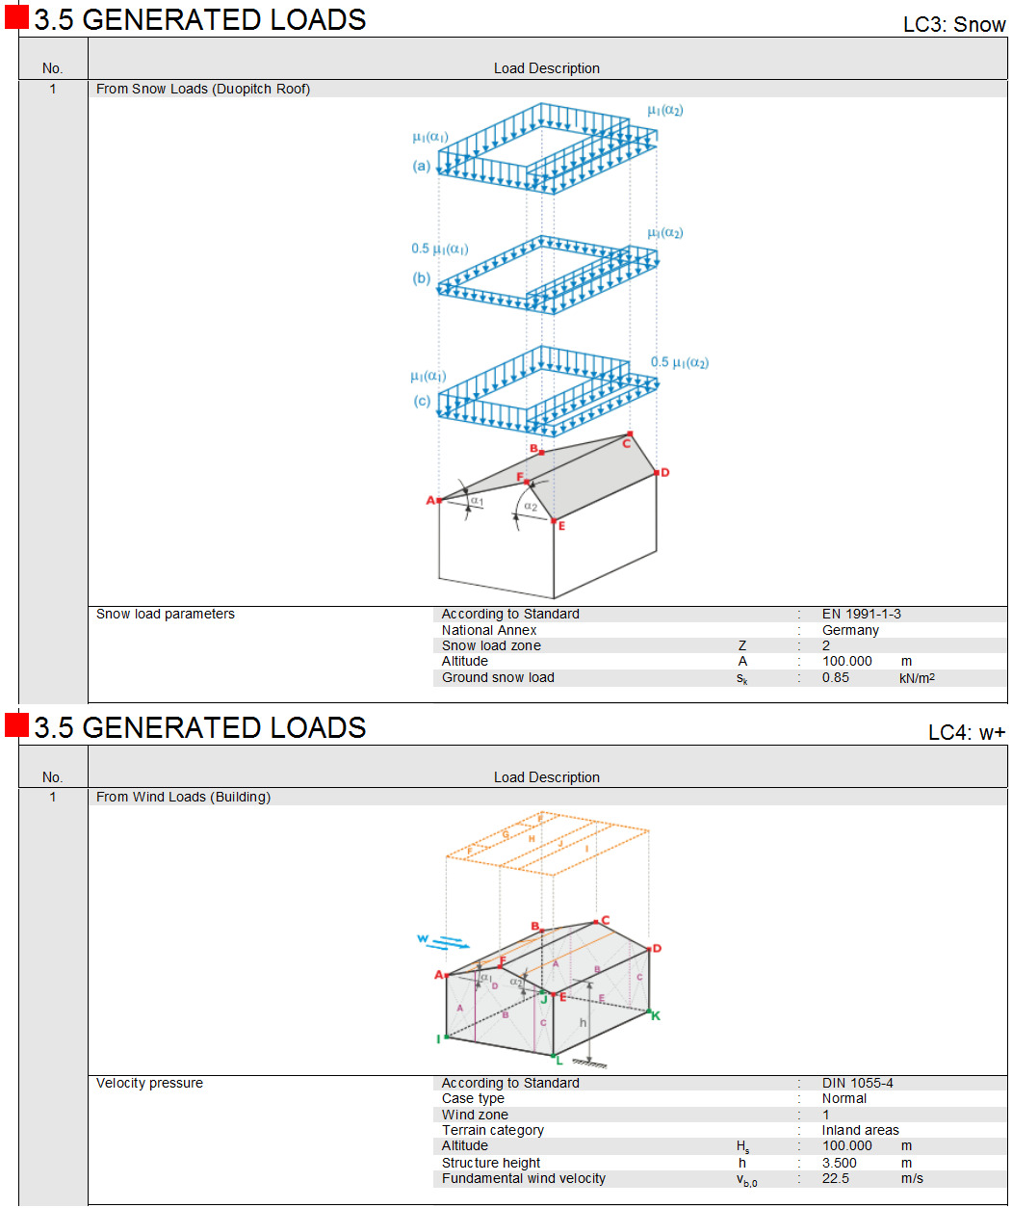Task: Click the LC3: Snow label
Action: coord(953,25)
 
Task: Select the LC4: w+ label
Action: coord(966,733)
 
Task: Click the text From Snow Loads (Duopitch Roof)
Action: coord(203,89)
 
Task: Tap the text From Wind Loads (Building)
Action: coord(183,797)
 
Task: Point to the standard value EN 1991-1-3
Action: coord(861,614)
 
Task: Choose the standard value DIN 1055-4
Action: coord(857,1083)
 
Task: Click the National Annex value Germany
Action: coord(850,630)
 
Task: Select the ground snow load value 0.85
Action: coord(835,677)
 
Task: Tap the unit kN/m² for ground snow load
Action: coord(917,678)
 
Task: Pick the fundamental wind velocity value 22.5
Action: coord(835,1178)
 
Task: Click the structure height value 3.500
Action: coord(839,1163)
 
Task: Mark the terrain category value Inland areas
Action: coord(860,1130)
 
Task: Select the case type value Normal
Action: coord(843,1098)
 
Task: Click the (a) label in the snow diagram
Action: coord(422,166)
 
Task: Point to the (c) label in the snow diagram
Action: coord(422,401)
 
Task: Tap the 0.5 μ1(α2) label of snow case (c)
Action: coord(679,363)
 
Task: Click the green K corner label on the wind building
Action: coord(656,1015)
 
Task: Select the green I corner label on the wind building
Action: coord(438,1038)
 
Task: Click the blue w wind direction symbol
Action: coord(423,938)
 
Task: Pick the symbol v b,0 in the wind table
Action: coord(746,1180)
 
